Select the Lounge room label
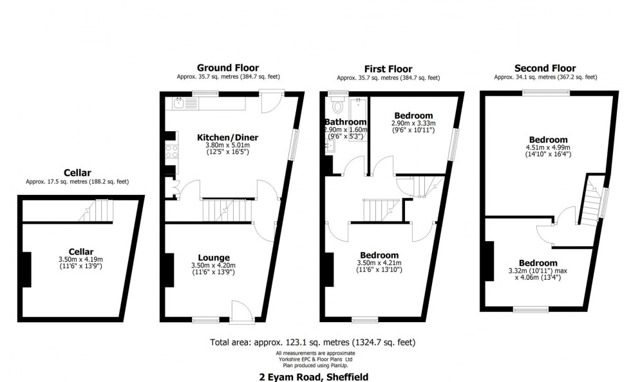pos(214,257)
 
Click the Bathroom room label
pos(346,122)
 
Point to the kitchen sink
pos(178,102)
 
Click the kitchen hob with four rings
pos(171,152)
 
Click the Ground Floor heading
pos(228,68)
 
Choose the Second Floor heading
pos(545,68)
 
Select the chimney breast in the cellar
pos(26,269)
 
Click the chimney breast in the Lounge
pos(169,269)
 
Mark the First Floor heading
pos(388,69)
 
